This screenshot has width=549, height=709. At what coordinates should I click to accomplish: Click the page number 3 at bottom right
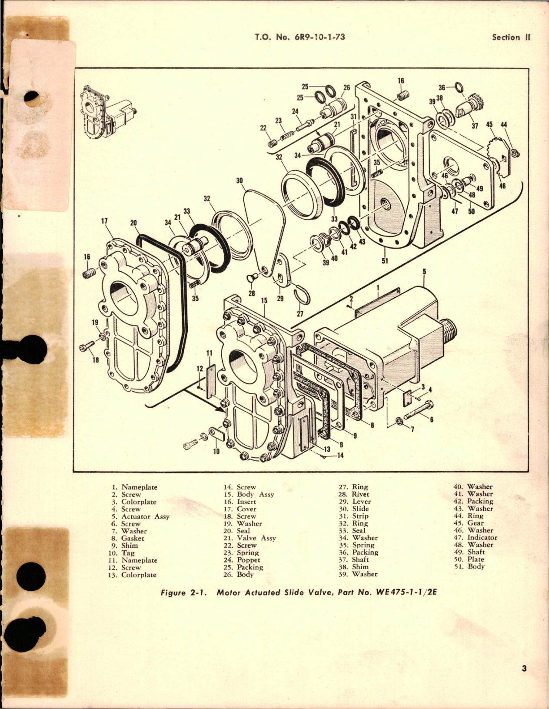click(524, 669)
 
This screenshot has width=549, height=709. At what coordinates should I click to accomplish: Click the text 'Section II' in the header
click(511, 37)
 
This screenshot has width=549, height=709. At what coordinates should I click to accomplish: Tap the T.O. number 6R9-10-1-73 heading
click(300, 37)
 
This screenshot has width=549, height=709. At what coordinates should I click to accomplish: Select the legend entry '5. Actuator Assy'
click(140, 516)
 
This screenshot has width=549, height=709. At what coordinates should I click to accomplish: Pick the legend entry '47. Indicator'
click(476, 537)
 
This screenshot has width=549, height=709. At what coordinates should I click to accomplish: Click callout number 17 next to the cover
click(104, 221)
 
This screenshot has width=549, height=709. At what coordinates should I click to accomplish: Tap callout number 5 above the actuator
click(424, 272)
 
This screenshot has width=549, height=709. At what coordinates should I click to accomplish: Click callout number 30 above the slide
click(239, 180)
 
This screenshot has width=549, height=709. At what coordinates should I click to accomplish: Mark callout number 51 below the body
click(385, 261)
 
